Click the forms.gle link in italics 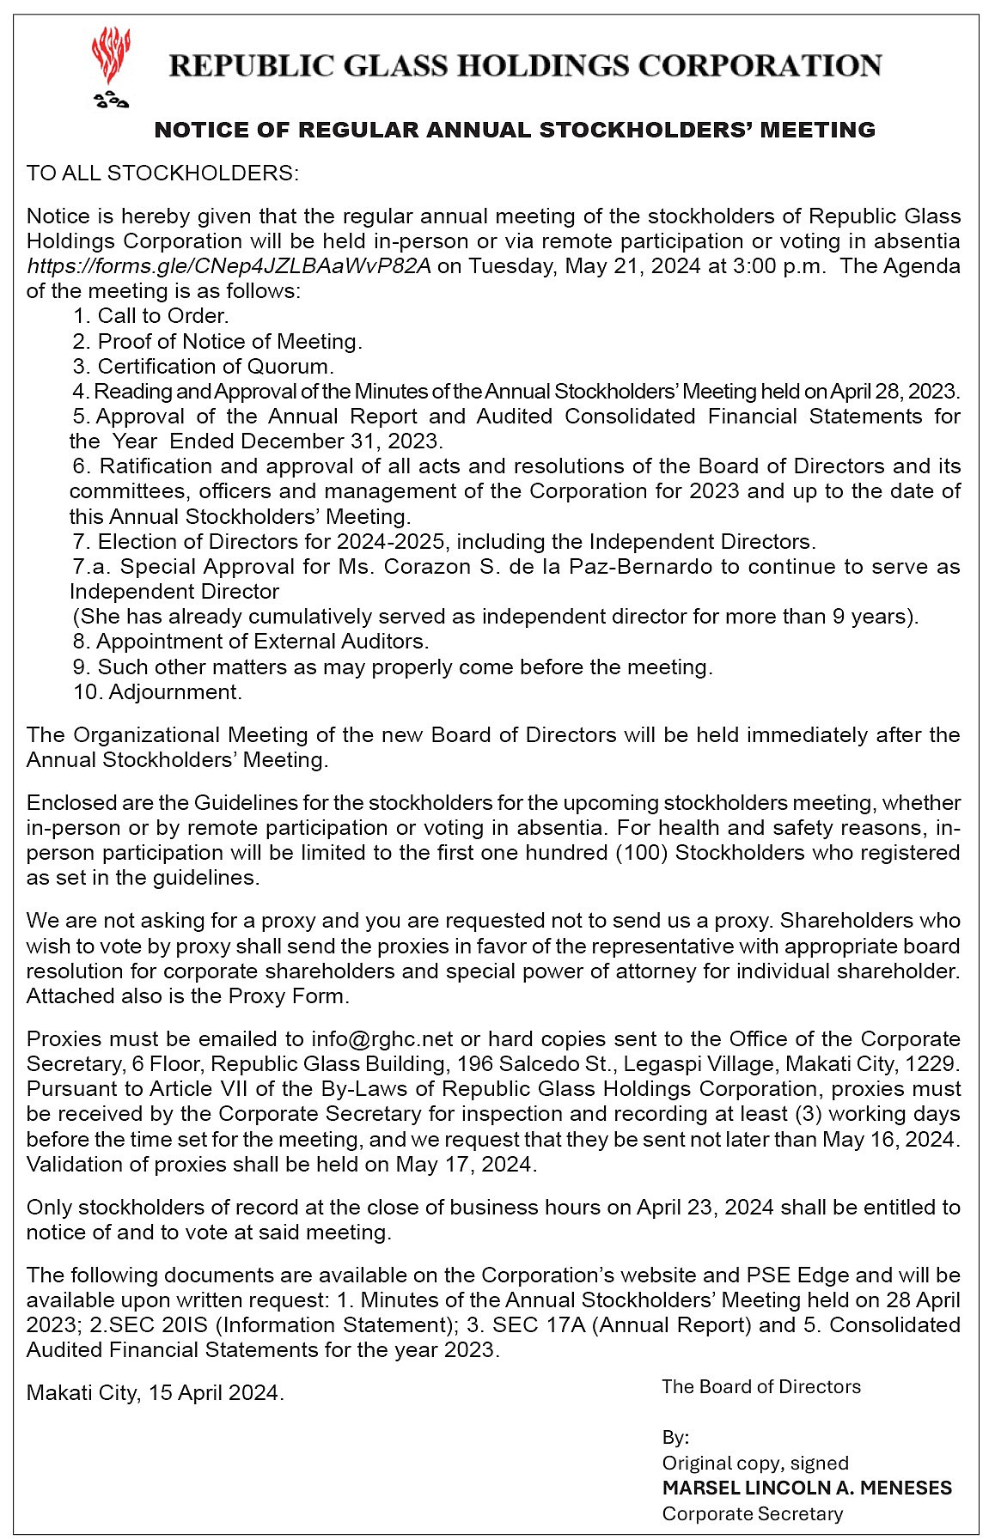pyautogui.click(x=229, y=265)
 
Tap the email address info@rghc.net pyautogui.click(x=382, y=1039)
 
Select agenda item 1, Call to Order pyautogui.click(x=150, y=316)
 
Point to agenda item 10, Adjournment pyautogui.click(x=158, y=691)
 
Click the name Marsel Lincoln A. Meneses pyautogui.click(x=807, y=1488)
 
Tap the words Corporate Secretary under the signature pyautogui.click(x=752, y=1513)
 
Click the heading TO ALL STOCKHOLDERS pyautogui.click(x=162, y=173)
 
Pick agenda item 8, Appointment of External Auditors pyautogui.click(x=251, y=642)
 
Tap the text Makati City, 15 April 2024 pyautogui.click(x=155, y=1392)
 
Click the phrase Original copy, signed pyautogui.click(x=754, y=1463)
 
